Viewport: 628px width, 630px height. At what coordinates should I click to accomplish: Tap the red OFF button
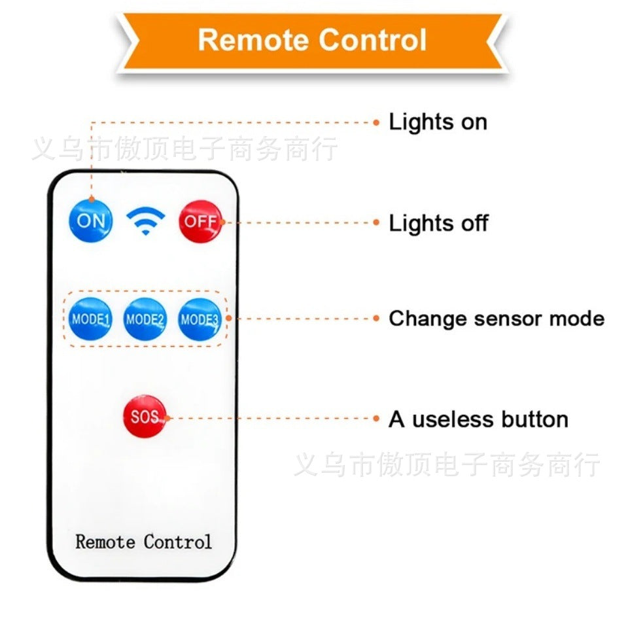coord(200,221)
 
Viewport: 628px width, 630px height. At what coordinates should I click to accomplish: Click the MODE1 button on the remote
coord(90,319)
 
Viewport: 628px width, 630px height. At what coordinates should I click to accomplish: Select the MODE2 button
coord(145,319)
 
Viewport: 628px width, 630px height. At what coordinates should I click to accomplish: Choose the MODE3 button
coord(200,319)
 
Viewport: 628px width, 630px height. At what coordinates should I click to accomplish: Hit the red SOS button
coord(145,416)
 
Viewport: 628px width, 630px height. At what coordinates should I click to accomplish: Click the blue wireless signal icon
coord(146,221)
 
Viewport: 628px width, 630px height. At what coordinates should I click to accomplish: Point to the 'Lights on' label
coord(438,122)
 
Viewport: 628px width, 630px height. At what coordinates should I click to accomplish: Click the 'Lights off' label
coord(438,223)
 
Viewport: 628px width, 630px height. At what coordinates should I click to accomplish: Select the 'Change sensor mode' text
coord(497,319)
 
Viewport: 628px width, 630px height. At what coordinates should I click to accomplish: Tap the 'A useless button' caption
coord(478,419)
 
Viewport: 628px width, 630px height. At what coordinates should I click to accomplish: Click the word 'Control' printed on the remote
coord(178,542)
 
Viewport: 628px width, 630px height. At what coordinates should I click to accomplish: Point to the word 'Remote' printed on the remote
coord(105,542)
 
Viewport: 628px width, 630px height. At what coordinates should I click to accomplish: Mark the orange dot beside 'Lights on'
coord(376,122)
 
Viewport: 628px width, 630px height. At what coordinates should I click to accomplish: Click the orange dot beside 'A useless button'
coord(376,418)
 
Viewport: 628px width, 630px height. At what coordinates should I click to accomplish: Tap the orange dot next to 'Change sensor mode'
coord(376,319)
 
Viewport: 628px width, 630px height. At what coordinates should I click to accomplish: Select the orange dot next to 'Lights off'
coord(376,222)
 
